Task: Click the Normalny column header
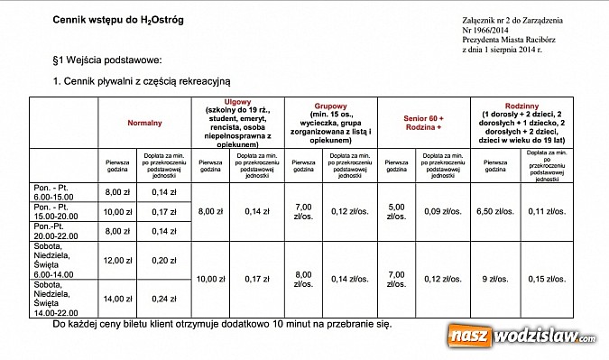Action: point(144,122)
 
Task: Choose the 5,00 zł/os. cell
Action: point(398,210)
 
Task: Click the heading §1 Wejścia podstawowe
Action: point(106,60)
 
